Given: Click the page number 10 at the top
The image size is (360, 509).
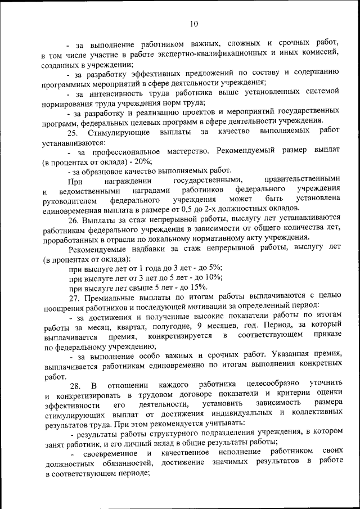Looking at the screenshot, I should coord(193,24).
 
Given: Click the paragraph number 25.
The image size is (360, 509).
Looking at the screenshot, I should coord(72,133).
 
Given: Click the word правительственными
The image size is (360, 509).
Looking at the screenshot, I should coord(304,181).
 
